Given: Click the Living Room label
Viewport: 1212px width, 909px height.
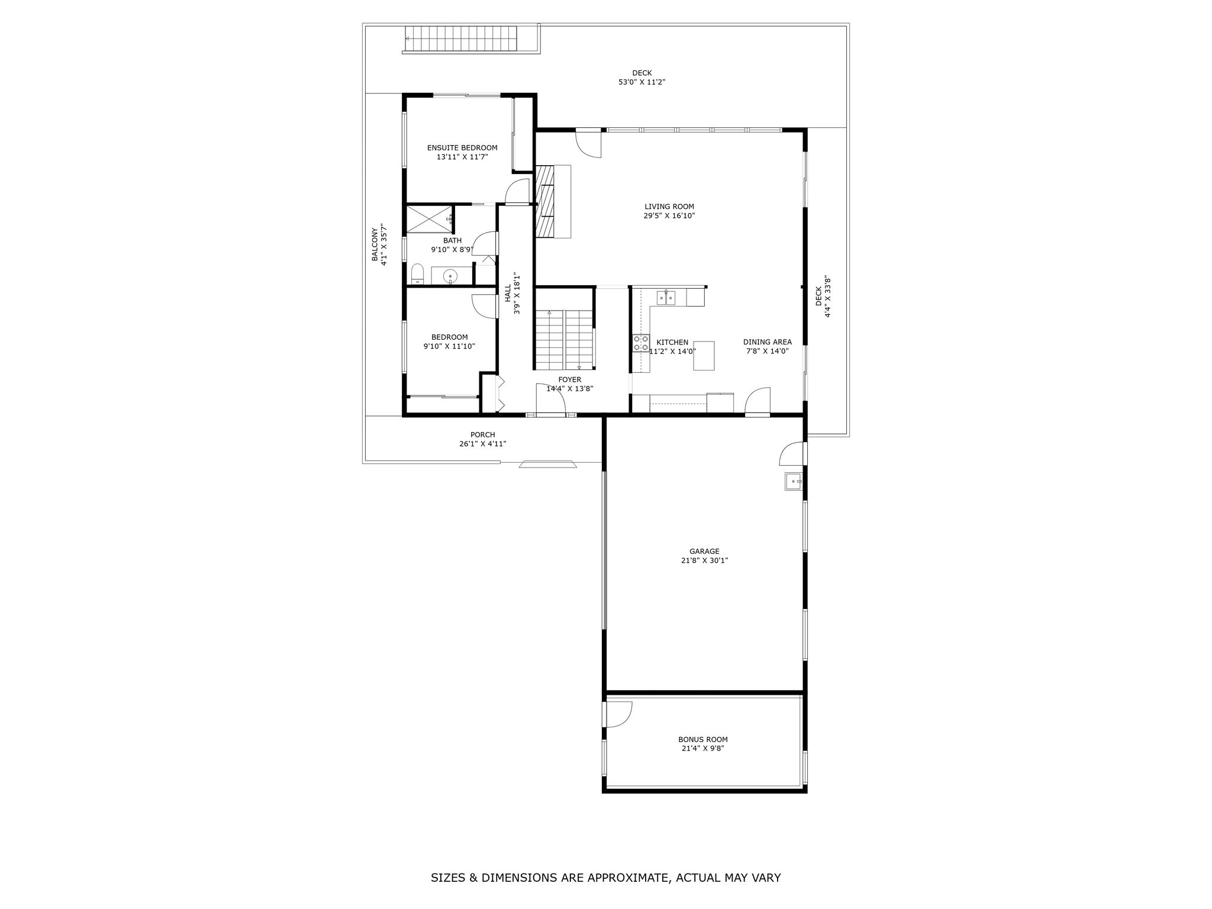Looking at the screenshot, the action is point(669,207).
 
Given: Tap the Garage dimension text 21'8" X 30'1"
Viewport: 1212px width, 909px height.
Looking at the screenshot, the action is point(704,560).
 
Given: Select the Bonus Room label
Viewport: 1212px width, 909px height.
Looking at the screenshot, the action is point(703,739).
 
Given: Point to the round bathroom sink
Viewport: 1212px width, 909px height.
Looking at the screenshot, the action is point(451,276).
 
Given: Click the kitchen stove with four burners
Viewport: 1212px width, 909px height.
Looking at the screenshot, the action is point(640,343).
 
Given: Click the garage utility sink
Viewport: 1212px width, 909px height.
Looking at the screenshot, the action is point(793,482).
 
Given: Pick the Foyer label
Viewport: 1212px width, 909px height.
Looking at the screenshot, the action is point(570,380).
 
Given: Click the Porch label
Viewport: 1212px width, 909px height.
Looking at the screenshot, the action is point(483,435).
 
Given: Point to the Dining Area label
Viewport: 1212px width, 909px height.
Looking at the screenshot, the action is point(768,342).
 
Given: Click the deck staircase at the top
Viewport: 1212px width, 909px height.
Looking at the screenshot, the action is point(460,39).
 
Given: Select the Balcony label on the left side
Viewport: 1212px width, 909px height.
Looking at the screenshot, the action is point(375,244).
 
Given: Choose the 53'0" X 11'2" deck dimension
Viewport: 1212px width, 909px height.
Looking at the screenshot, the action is point(642,82).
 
